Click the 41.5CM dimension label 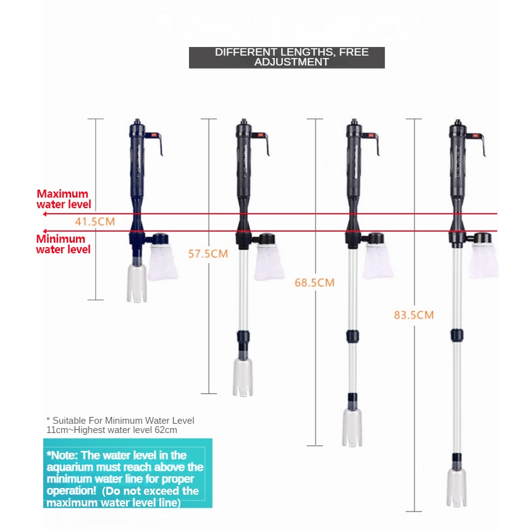[95, 221]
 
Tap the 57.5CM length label [208, 254]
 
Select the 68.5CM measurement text [314, 283]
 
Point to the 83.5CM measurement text [414, 315]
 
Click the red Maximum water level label [63, 199]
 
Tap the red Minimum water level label [63, 244]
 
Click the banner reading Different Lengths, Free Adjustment [287, 57]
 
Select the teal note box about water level [127, 473]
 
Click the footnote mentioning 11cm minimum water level [120, 425]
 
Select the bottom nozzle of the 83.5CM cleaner [458, 488]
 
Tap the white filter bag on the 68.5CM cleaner [378, 260]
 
